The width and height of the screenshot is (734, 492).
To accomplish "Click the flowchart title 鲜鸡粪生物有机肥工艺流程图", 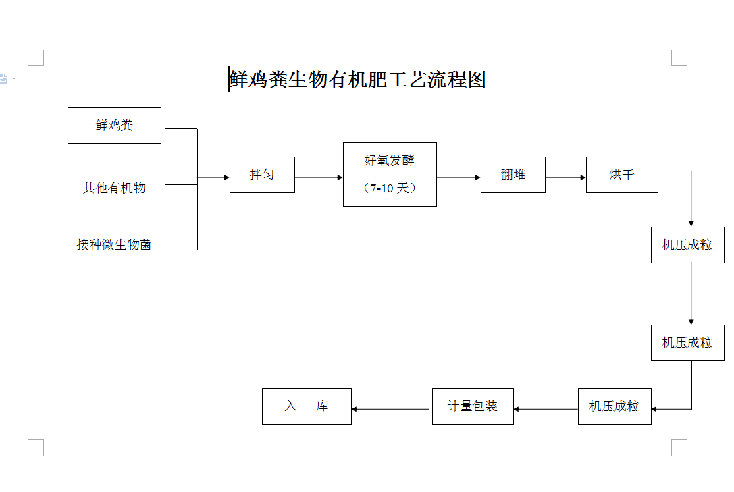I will [x=357, y=80].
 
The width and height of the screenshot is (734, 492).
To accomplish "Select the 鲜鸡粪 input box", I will [x=114, y=126].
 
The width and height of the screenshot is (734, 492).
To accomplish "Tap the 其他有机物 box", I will [x=114, y=188].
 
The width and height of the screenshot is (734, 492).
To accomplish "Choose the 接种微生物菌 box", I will [x=114, y=245].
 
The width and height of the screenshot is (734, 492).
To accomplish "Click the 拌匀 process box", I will [x=262, y=175].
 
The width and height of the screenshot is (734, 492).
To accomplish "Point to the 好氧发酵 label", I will [x=390, y=161].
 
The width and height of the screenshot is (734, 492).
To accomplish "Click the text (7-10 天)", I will [x=390, y=188].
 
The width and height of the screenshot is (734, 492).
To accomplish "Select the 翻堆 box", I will [x=513, y=175].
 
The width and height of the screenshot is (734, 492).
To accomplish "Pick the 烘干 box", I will [x=622, y=175].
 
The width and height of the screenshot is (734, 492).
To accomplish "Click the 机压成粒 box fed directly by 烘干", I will [x=687, y=245].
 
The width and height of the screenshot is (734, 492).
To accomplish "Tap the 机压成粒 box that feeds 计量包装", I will [x=614, y=406].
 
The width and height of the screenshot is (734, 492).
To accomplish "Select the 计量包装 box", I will [x=473, y=406].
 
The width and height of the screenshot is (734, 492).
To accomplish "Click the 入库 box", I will [x=307, y=406].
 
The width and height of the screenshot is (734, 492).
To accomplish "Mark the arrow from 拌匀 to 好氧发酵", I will [x=319, y=177].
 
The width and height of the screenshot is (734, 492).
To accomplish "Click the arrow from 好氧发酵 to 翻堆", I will [x=458, y=177].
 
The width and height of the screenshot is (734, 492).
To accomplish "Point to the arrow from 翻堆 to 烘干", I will [x=566, y=177].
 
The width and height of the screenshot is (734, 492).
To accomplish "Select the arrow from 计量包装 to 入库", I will [x=392, y=409].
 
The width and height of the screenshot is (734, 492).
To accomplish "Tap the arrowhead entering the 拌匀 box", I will [x=226, y=177].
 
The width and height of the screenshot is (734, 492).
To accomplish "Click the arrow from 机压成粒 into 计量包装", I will [x=546, y=409].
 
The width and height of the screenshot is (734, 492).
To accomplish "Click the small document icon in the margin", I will [x=3, y=79].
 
